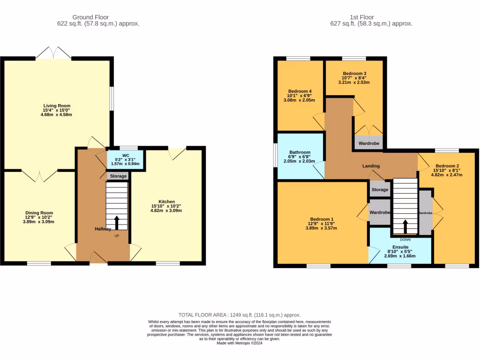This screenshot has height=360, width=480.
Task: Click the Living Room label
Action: coord(57,106)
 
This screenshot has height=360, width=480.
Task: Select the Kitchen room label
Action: coord(166,202)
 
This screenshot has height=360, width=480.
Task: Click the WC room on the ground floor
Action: coord(125,159)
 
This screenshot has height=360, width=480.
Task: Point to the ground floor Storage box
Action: coord(118,176)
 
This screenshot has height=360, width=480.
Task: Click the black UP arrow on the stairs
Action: coord(117,223)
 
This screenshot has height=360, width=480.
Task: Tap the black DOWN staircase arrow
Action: coord(405,225)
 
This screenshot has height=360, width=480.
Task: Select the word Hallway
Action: coord(103,229)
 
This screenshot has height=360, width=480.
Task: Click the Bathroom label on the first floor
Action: coord(300,152)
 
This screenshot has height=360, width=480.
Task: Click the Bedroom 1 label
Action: coord(322,219)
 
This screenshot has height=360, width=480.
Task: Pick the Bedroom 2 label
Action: coord(447,166)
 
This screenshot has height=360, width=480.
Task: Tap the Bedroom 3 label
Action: coord(354,74)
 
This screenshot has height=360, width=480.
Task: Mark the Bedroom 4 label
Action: coord(300,91)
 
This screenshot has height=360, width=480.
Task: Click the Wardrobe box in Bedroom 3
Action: coord(369,142)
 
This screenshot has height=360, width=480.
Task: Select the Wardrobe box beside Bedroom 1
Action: coord(380,212)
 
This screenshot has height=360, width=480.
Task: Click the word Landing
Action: coord(371,166)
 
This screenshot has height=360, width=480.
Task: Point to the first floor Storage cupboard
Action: coord(380,190)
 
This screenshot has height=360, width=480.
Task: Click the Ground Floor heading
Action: coord(90,17)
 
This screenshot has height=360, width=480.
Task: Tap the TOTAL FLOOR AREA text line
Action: coord(240,315)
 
